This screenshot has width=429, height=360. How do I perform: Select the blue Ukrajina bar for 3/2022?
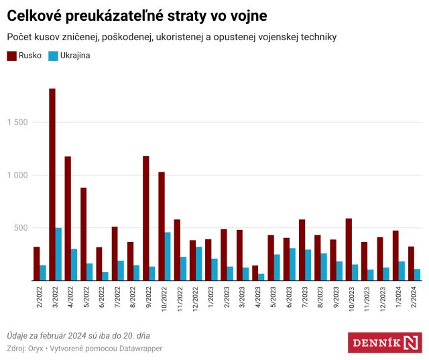pos(59,254)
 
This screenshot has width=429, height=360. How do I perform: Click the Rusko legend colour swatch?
pos(11,56)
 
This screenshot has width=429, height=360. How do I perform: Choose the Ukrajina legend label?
pos(75,56)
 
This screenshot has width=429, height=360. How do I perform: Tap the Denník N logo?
pos(385,343)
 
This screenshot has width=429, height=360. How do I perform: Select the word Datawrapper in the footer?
pos(138,349)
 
